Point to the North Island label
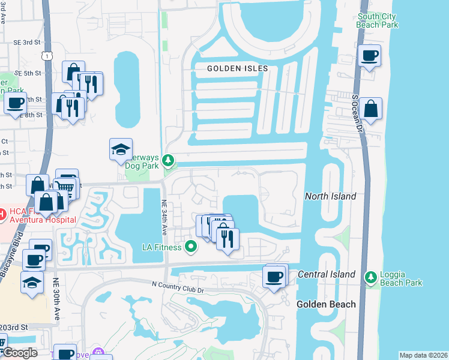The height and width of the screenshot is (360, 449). (x=330, y=196)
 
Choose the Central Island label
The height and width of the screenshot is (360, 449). (x=327, y=275)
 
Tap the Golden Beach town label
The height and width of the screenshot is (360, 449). (x=326, y=304)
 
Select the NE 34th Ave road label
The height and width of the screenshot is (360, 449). (x=163, y=218)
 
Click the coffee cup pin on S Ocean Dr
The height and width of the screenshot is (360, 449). (x=370, y=56)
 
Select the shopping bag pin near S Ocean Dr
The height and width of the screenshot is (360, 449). (x=372, y=110)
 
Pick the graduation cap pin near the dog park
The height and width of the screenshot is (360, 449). (x=121, y=150)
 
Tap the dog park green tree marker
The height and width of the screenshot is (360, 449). (x=169, y=161)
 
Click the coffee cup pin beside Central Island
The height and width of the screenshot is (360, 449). (x=274, y=277)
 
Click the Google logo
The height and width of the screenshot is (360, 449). (x=20, y=353)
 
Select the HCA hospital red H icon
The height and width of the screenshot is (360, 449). (x=3, y=214)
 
